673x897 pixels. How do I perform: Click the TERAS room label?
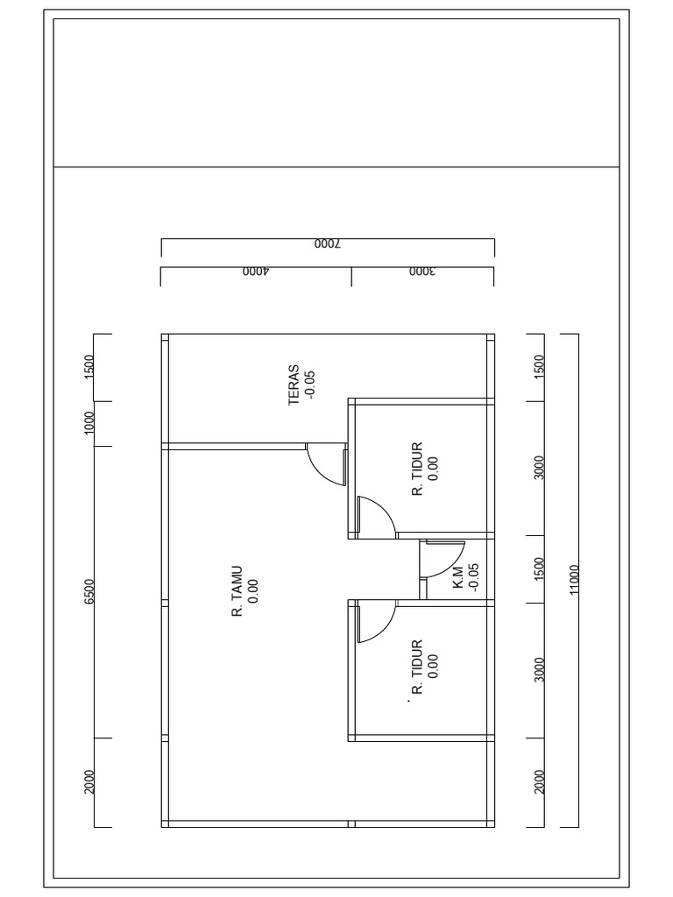pos(294,385)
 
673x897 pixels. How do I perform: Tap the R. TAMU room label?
pos(237,591)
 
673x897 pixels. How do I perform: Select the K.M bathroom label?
pos(458,578)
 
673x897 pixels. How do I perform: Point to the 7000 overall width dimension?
pos(328,244)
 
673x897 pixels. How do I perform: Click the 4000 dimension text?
pos(256,272)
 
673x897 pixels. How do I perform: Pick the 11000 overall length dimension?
pos(575,580)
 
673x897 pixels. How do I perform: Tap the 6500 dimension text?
pos(89,591)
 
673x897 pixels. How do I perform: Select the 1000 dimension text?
pos(89,423)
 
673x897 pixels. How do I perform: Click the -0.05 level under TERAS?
pos(309,385)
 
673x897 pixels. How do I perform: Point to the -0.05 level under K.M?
pos(473,578)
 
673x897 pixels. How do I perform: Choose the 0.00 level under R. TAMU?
pos(253,591)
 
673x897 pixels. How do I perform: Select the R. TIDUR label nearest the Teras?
pos(417,469)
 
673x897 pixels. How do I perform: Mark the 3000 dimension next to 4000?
pos(422,272)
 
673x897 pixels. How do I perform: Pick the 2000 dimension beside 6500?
pos(89,782)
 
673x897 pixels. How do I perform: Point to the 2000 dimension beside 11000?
pos(539,782)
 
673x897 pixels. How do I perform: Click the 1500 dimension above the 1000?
pos(89,367)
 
